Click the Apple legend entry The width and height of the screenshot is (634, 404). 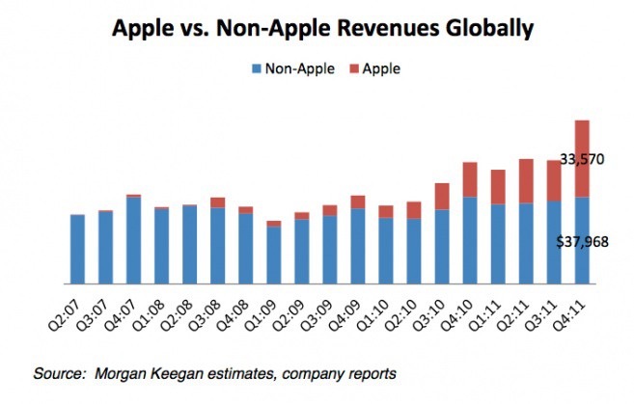click(x=378, y=68)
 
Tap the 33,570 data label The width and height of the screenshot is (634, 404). click(x=581, y=159)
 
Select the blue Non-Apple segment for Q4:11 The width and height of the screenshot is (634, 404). click(x=582, y=241)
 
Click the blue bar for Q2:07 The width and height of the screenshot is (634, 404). click(x=77, y=249)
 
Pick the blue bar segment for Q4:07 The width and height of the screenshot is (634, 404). click(x=133, y=241)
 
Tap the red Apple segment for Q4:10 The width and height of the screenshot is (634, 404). click(x=470, y=179)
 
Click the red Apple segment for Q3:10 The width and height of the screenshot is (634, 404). click(x=442, y=196)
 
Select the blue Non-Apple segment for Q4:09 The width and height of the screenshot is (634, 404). click(x=357, y=246)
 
